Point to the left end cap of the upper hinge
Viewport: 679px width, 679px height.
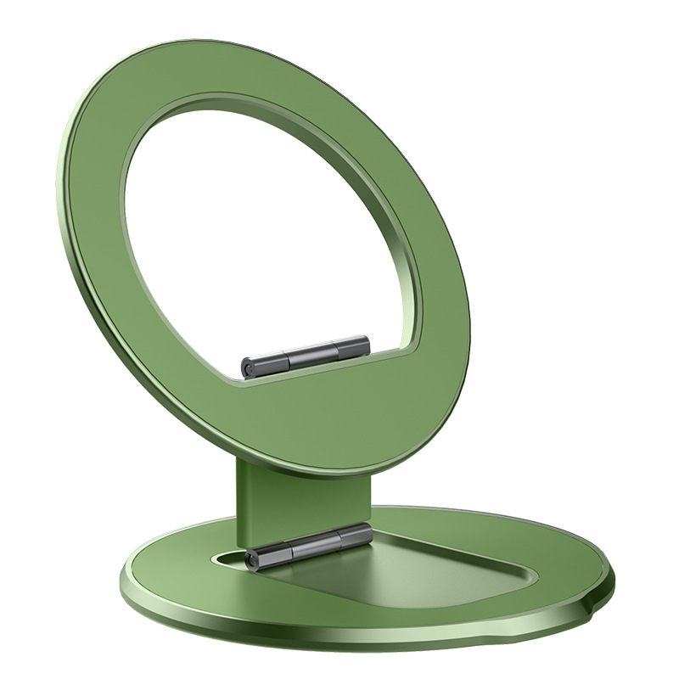(x=248, y=368)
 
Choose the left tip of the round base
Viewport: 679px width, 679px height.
(x=121, y=586)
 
